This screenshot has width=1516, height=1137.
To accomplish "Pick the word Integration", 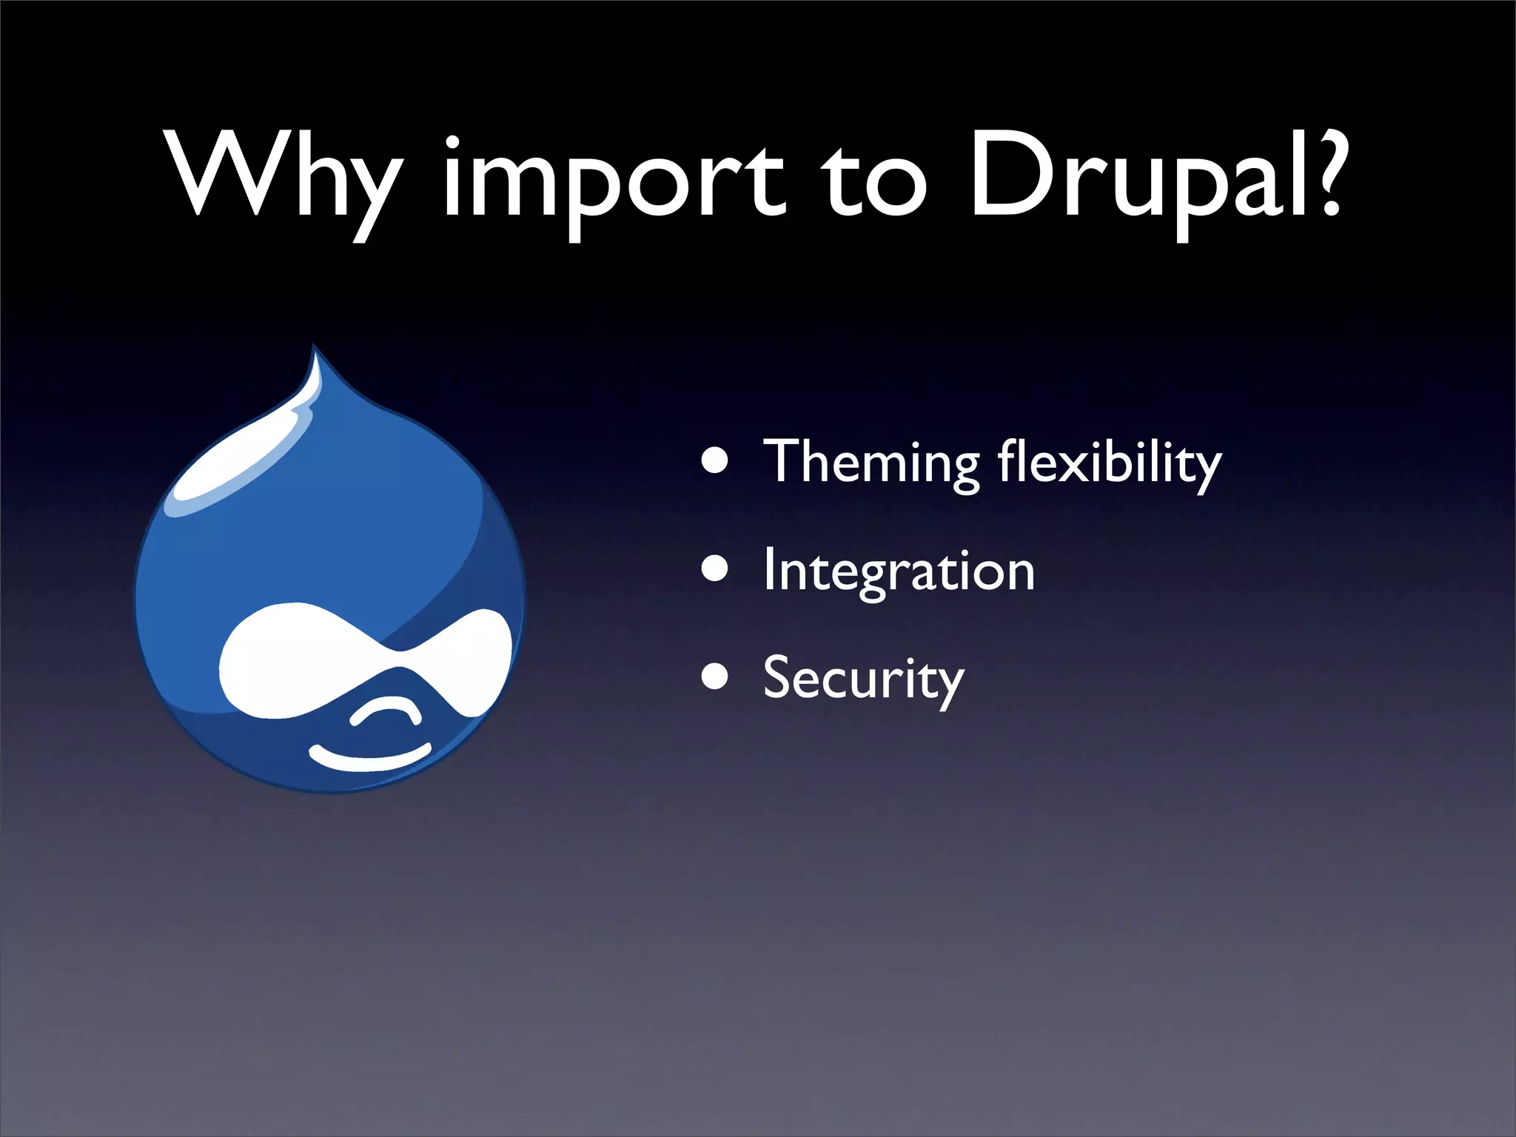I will [899, 571].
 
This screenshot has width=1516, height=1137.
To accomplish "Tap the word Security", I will [863, 679].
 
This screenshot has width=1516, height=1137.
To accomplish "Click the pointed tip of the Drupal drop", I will [315, 352].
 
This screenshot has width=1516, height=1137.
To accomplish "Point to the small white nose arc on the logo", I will [385, 711].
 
